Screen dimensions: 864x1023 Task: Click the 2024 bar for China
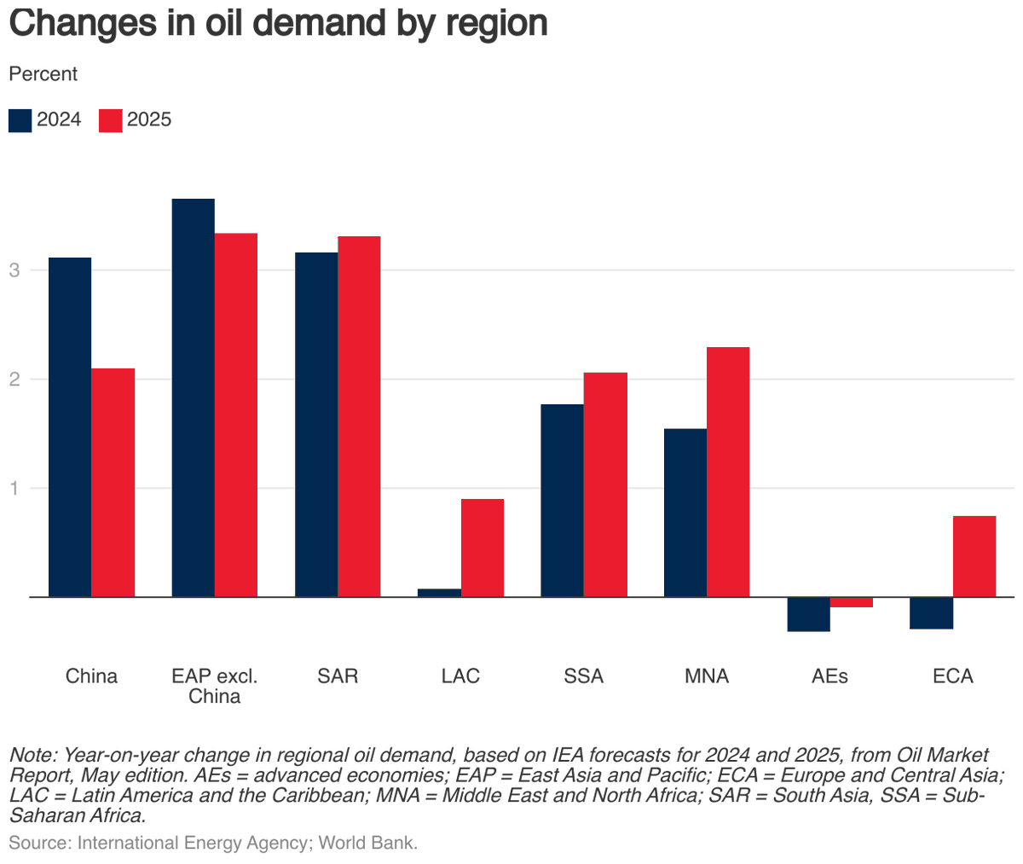coord(70,426)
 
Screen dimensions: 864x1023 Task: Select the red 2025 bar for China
coord(113,482)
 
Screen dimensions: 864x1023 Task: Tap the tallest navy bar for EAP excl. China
coord(193,397)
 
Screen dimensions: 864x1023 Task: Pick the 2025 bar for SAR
coord(359,416)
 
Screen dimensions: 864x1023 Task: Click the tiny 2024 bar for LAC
coord(440,593)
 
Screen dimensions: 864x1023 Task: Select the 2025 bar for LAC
coord(483,548)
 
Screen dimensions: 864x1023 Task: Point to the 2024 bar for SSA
coord(563,500)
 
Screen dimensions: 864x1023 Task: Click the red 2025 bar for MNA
coord(728,472)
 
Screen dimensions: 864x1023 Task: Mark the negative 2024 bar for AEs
coord(808,614)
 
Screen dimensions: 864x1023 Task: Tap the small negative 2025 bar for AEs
coord(851,602)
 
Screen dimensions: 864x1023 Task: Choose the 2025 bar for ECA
coord(974,556)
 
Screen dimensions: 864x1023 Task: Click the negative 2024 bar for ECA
coord(931,612)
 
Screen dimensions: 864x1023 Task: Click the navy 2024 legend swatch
coord(20,120)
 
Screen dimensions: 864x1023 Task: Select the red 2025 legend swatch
coord(111,120)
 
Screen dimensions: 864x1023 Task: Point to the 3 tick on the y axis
coord(14,270)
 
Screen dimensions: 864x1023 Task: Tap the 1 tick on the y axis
coord(14,489)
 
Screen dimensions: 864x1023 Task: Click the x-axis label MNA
coord(707,676)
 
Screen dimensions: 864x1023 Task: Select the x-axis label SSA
coord(584,676)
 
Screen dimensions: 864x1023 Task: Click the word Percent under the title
coord(43,74)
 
